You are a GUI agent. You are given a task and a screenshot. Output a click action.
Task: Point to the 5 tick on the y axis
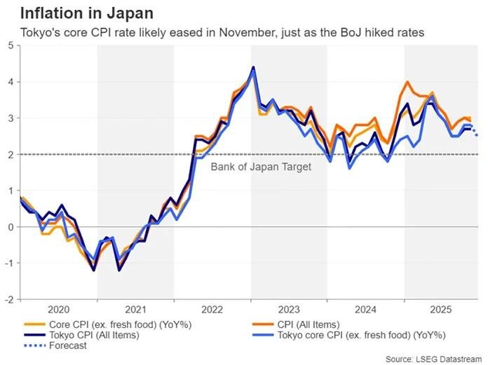10,46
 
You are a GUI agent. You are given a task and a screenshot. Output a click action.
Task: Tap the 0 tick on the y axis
10,227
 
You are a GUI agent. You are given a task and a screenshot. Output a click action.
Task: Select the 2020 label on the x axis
58,308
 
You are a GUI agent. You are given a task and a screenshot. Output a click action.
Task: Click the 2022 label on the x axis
212,308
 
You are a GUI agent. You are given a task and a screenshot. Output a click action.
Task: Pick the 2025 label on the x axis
440,308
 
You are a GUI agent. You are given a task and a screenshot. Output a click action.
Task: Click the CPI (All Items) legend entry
309,324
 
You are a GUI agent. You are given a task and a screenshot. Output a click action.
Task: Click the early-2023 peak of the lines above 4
253,69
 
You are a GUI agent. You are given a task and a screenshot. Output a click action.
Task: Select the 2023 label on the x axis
288,308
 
